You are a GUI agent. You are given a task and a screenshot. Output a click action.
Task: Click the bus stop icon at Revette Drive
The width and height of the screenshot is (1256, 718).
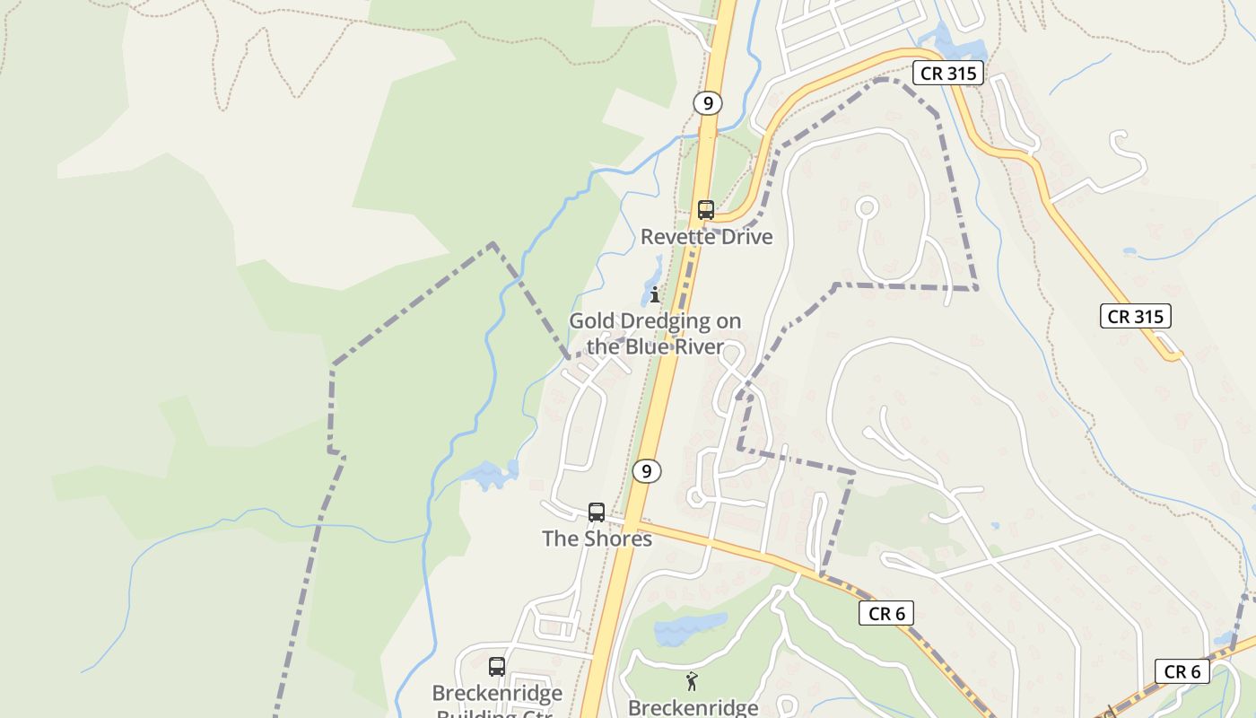pos(706,210)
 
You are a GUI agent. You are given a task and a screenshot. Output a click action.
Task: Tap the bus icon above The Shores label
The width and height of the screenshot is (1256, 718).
pos(597,512)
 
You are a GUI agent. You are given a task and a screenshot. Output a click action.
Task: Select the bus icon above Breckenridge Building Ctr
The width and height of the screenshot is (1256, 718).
pos(497,667)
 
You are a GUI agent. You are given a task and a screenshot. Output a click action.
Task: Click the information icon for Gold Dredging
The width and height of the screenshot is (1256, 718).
pos(655,293)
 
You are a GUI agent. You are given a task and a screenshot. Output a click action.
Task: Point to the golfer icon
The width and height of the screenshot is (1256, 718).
pos(692,681)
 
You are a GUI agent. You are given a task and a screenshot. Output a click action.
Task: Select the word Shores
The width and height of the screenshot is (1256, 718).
pos(618,538)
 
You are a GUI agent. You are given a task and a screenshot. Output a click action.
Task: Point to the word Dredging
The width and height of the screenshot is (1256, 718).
pos(662,321)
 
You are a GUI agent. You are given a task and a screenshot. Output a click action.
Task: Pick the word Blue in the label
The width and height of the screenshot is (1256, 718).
pos(659,346)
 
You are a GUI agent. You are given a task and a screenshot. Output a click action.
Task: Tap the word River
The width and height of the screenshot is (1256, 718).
pos(703,346)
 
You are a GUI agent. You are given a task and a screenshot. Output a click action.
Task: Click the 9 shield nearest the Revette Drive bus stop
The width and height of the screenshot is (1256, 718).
pos(707,103)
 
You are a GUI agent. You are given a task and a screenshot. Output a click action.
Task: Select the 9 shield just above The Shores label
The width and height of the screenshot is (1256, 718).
pos(646,471)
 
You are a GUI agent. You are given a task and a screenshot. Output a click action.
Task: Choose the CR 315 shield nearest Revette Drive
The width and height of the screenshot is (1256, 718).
pos(948,74)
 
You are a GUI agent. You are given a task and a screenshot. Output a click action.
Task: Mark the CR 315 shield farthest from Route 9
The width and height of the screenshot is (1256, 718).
pos(1135,316)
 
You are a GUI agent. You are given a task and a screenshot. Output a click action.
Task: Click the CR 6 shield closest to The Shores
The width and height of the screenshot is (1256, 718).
pos(886,614)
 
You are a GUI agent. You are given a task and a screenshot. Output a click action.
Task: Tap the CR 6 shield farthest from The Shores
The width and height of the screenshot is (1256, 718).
pos(1182,671)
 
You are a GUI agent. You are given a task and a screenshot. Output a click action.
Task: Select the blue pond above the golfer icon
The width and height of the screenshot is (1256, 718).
pos(689,627)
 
